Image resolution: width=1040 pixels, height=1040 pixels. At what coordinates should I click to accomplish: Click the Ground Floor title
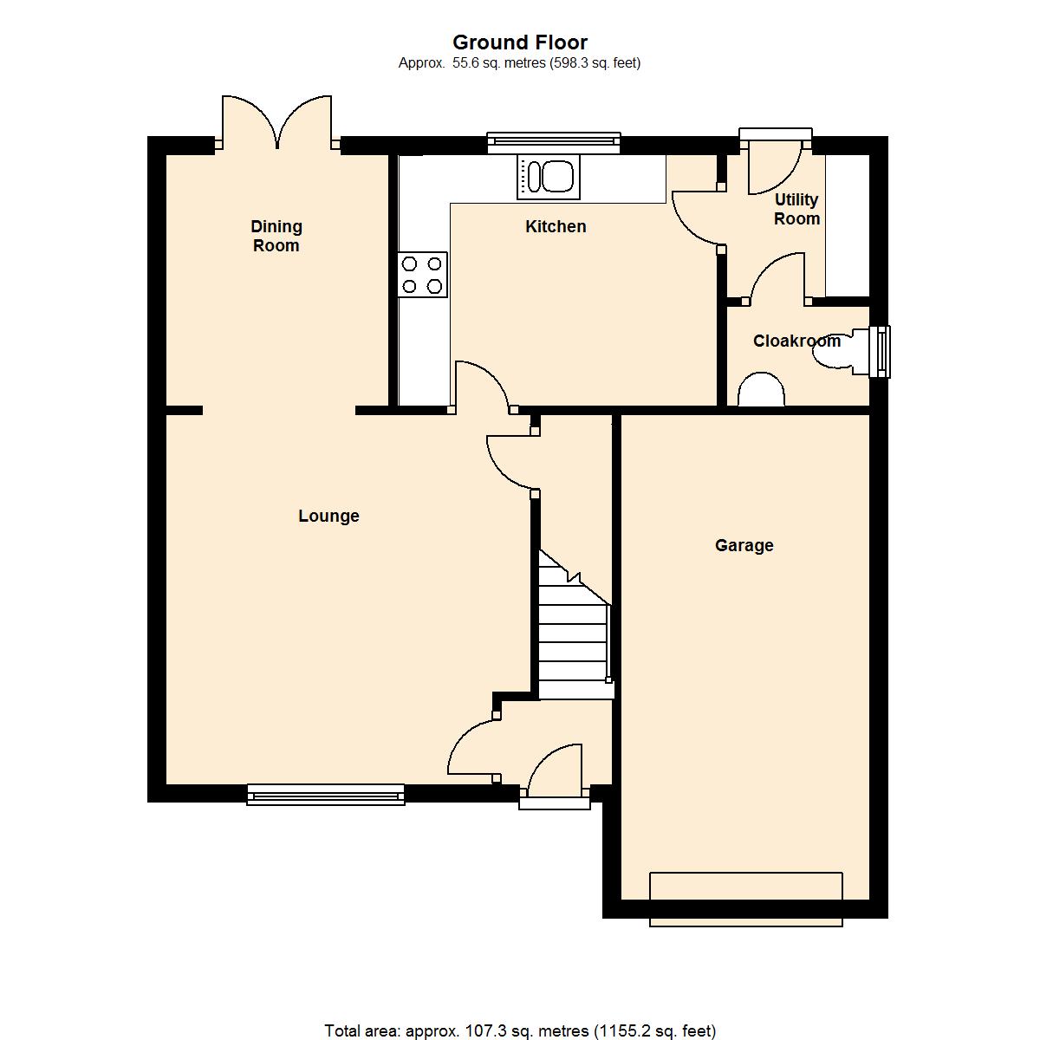(x=520, y=42)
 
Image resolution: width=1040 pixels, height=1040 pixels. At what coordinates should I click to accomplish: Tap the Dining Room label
(x=276, y=236)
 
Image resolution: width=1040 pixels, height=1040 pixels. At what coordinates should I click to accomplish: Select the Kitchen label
(x=556, y=227)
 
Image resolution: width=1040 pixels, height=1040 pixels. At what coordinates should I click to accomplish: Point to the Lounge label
(x=328, y=516)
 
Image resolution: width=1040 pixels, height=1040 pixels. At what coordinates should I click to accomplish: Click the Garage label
(x=744, y=545)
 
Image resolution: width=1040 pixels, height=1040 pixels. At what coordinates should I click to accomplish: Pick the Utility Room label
(x=796, y=209)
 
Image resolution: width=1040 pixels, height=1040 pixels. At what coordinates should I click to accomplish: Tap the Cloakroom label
(x=796, y=341)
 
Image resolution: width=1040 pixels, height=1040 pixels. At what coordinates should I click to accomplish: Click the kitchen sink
(x=547, y=177)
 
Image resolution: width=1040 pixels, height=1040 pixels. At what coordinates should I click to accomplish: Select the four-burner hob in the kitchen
(x=423, y=274)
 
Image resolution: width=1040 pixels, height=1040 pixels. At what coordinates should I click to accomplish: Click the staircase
(x=575, y=625)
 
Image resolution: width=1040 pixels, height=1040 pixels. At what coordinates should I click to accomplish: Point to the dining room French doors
(x=276, y=122)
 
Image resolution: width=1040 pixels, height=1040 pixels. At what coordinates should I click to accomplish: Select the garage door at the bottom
(x=746, y=900)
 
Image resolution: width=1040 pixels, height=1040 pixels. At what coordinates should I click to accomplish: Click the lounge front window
(x=326, y=795)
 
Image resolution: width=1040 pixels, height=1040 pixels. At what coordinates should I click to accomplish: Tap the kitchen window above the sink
(x=554, y=142)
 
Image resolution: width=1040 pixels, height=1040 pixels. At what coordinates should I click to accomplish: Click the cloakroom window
(x=880, y=352)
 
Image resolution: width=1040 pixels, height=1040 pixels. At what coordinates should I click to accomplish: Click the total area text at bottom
(x=520, y=1030)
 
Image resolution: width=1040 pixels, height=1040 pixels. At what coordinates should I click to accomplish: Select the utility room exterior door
(x=775, y=162)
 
